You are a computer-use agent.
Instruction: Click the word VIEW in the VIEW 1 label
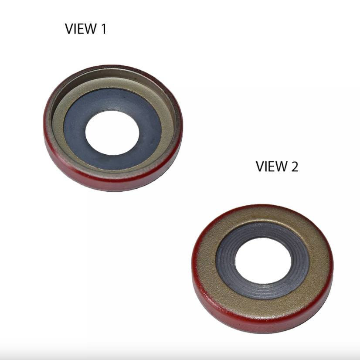coord(81,29)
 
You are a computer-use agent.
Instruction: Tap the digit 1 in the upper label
coord(104,29)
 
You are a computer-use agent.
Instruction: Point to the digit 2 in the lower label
coord(295,166)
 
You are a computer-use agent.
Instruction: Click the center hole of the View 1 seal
coord(112,132)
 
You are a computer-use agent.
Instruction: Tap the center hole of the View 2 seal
coord(263,261)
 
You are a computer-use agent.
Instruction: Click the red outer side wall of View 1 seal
coord(110,183)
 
